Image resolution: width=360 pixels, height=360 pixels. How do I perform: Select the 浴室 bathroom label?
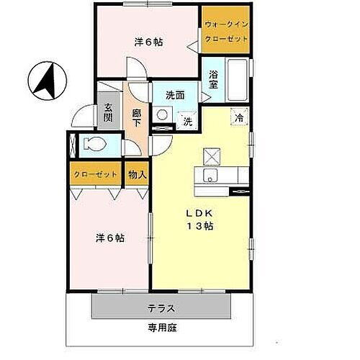pos(213,78)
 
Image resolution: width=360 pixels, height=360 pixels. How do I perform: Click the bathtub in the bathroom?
pos(237,78)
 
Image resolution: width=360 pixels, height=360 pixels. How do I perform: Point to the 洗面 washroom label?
pos(176,94)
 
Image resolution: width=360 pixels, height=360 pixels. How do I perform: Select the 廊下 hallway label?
pos(137,118)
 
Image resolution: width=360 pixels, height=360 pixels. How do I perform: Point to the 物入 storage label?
pos(137,174)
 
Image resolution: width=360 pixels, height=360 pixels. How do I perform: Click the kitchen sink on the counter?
pos(211,178)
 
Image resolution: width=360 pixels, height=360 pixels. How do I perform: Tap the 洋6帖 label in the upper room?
pos(148,42)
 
